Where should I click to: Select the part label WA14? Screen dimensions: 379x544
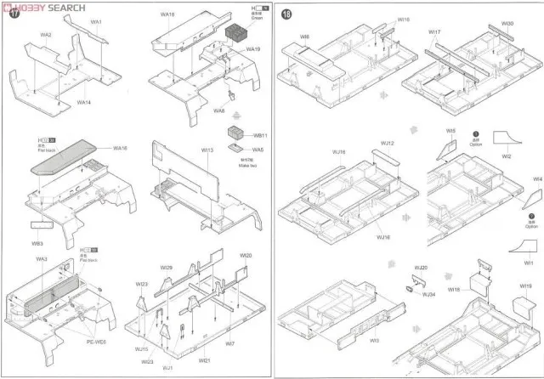click(83, 102)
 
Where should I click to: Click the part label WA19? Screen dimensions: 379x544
click(252, 49)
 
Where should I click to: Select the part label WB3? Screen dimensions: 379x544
click(37, 243)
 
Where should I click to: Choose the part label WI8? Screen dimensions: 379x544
click(304, 37)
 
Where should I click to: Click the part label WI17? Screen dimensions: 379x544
click(434, 33)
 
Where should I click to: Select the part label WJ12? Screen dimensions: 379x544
click(388, 143)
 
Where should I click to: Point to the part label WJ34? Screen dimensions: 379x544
click(430, 294)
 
